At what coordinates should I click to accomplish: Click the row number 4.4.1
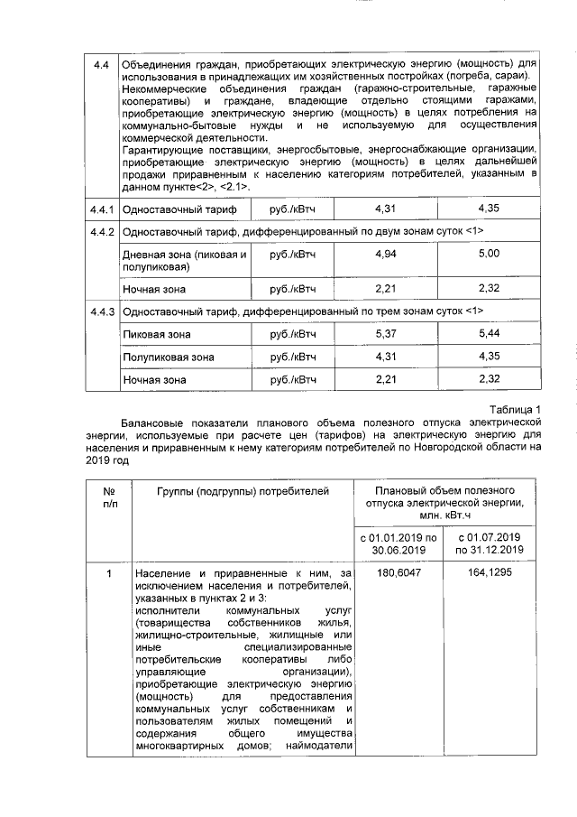tap(101, 209)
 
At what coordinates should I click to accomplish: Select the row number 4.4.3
tap(101, 311)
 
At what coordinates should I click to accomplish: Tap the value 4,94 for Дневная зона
tap(385, 255)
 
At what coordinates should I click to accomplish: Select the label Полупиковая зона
tap(168, 357)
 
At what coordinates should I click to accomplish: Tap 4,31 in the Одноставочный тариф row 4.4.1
tap(385, 209)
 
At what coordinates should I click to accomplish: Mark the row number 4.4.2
tap(101, 232)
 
